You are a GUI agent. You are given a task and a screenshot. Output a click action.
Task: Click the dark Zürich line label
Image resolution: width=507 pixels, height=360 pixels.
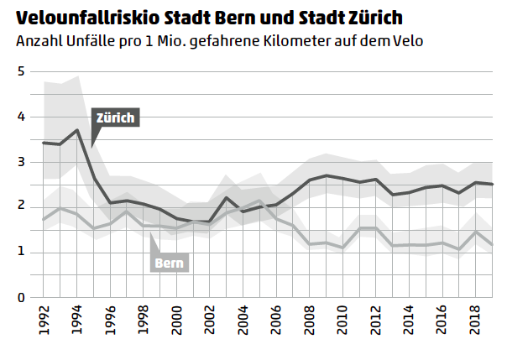pyautogui.click(x=114, y=117)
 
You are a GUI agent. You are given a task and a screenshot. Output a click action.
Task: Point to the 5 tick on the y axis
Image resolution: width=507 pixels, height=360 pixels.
pyautogui.click(x=20, y=71)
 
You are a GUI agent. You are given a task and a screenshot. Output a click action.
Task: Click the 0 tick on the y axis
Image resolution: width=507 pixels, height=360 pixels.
pyautogui.click(x=20, y=297)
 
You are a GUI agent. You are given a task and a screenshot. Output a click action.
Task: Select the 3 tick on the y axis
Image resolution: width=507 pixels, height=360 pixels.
pyautogui.click(x=20, y=162)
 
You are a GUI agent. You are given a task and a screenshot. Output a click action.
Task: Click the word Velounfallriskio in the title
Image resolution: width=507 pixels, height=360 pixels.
pyautogui.click(x=79, y=18)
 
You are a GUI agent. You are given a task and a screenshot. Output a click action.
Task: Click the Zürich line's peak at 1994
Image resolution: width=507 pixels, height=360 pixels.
pyautogui.click(x=76, y=130)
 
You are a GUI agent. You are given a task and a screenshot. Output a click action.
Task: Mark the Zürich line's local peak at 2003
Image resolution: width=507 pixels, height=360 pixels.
pyautogui.click(x=227, y=198)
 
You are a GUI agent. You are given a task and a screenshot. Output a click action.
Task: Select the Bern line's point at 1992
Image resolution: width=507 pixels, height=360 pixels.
pyautogui.click(x=43, y=220)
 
